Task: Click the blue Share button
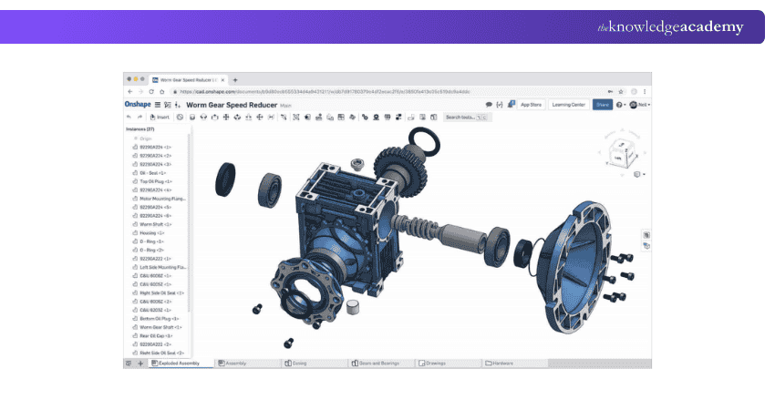pos(602,105)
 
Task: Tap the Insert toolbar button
pos(161,117)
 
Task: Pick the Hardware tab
pos(501,363)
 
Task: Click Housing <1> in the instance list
pos(150,232)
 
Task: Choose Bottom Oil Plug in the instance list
pos(156,318)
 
